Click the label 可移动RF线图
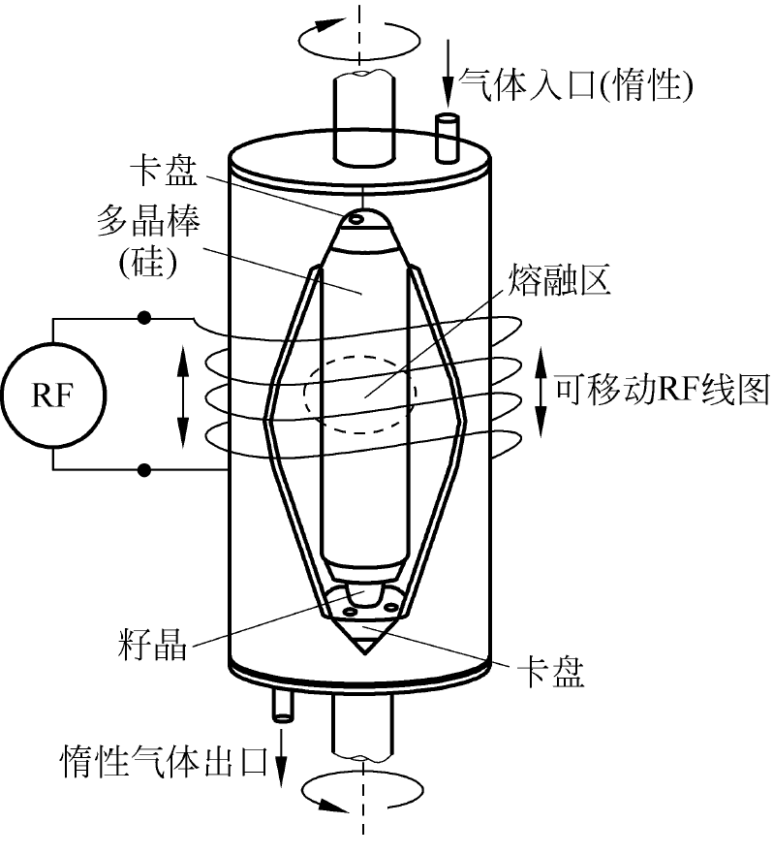coord(663,392)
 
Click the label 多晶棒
coord(155,226)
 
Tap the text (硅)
coord(156,265)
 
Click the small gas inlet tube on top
coord(448,138)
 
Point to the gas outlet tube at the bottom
coord(283,704)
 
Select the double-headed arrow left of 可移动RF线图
coord(541,393)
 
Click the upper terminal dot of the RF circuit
coord(145,317)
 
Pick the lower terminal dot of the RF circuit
coord(145,471)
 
